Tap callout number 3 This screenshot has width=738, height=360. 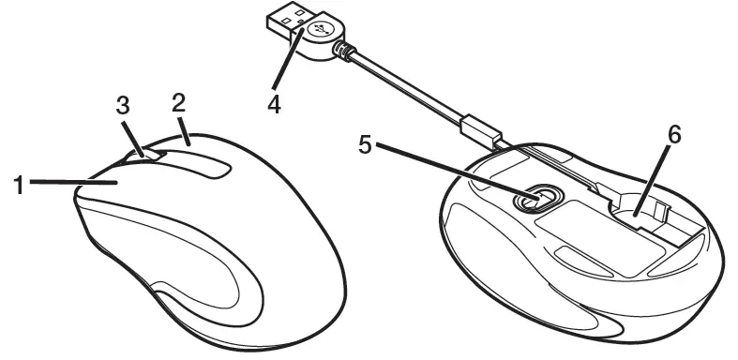click(x=122, y=105)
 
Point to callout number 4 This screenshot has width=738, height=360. click(x=274, y=103)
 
